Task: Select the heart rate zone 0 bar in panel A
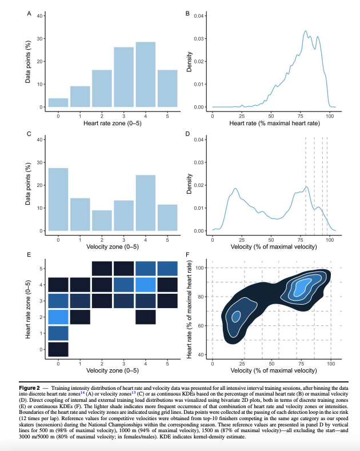pyautogui.click(x=58, y=103)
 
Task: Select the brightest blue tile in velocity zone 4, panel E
pyautogui.click(x=145, y=285)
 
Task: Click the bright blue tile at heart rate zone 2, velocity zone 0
pyautogui.click(x=58, y=317)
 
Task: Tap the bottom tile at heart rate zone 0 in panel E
pyautogui.click(x=58, y=349)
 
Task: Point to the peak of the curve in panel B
pyautogui.click(x=306, y=31)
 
